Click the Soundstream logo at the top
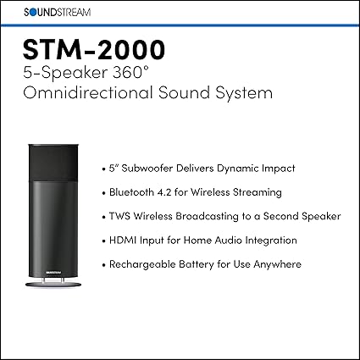(57, 13)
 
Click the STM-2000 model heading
(94, 49)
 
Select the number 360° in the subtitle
(131, 73)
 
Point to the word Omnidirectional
(88, 92)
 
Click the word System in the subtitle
(244, 93)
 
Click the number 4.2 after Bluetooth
(163, 192)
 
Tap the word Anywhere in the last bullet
(278, 264)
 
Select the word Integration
(271, 241)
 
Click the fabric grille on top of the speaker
(53, 162)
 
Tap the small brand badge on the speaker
(53, 273)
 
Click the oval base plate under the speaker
(53, 285)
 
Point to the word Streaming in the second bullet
(258, 192)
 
